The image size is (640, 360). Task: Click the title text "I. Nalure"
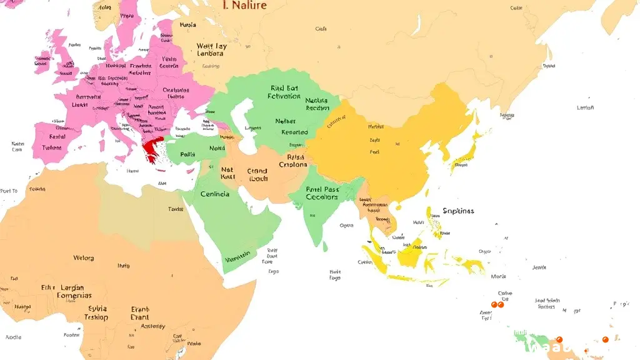pos(244,6)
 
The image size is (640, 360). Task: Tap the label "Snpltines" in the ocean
pos(458,211)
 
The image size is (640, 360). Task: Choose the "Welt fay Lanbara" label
pos(211,50)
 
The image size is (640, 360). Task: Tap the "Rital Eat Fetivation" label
pos(284,92)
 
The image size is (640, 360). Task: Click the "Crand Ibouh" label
pos(257,174)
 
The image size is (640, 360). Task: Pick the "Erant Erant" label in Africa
pos(140,313)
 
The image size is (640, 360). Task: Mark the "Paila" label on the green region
pos(187,154)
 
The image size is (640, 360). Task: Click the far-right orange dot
pos(605,339)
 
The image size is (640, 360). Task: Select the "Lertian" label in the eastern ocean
pos(586,107)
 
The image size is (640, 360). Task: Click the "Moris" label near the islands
pos(498,276)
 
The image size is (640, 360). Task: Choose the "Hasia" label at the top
pos(187,26)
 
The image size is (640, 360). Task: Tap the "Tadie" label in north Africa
pos(175,209)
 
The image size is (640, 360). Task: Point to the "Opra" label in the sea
pos(346,226)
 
